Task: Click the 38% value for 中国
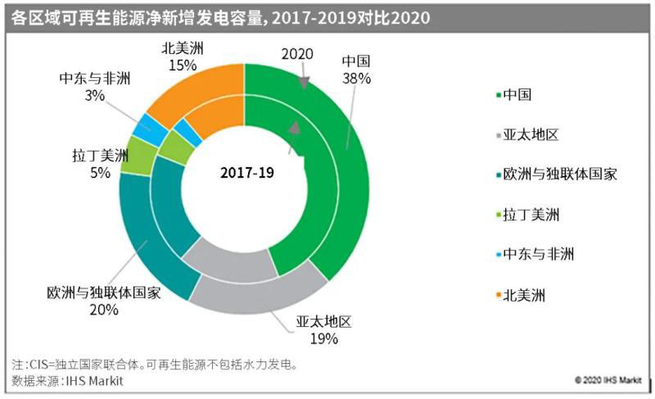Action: (357, 79)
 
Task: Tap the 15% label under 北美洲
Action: (183, 63)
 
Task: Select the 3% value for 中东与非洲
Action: (95, 95)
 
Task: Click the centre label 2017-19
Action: (246, 173)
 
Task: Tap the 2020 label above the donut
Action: (297, 54)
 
